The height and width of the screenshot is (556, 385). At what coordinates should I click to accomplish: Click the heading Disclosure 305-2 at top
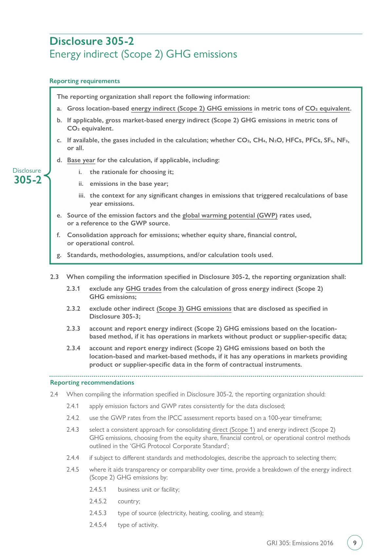pos(92,41)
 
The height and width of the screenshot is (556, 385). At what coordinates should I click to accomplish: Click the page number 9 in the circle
pos(355,543)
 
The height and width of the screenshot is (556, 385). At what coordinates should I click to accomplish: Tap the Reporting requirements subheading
pos(84,81)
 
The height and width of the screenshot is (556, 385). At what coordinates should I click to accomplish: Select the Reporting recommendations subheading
pos(92,382)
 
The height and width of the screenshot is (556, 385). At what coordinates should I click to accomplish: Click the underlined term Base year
pos(81,160)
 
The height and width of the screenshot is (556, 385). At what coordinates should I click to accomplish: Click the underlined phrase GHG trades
pos(143,289)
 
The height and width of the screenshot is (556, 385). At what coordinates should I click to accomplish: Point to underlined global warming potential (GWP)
pos(230,216)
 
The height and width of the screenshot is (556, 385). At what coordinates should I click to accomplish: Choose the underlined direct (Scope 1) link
pos(233,430)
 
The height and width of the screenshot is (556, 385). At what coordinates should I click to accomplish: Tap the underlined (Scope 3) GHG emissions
pos(194,309)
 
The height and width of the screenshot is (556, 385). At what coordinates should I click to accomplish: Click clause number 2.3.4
pos(73,348)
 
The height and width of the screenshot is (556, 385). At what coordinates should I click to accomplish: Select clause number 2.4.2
pos(73,418)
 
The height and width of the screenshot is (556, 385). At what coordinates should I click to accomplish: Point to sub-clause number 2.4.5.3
pos(98,513)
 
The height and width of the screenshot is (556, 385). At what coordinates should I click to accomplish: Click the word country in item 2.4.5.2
pos(128,501)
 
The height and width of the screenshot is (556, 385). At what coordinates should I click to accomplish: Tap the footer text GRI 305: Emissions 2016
pos(300,543)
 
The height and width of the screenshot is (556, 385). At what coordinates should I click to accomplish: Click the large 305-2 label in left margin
pos(28,180)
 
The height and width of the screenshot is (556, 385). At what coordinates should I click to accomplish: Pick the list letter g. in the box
pos(59,255)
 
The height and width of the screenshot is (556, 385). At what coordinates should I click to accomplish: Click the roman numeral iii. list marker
pos(82,196)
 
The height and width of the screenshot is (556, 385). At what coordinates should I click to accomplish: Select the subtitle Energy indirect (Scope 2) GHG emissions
pos(143,54)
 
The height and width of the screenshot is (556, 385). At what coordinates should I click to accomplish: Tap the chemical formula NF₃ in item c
pos(342,140)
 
